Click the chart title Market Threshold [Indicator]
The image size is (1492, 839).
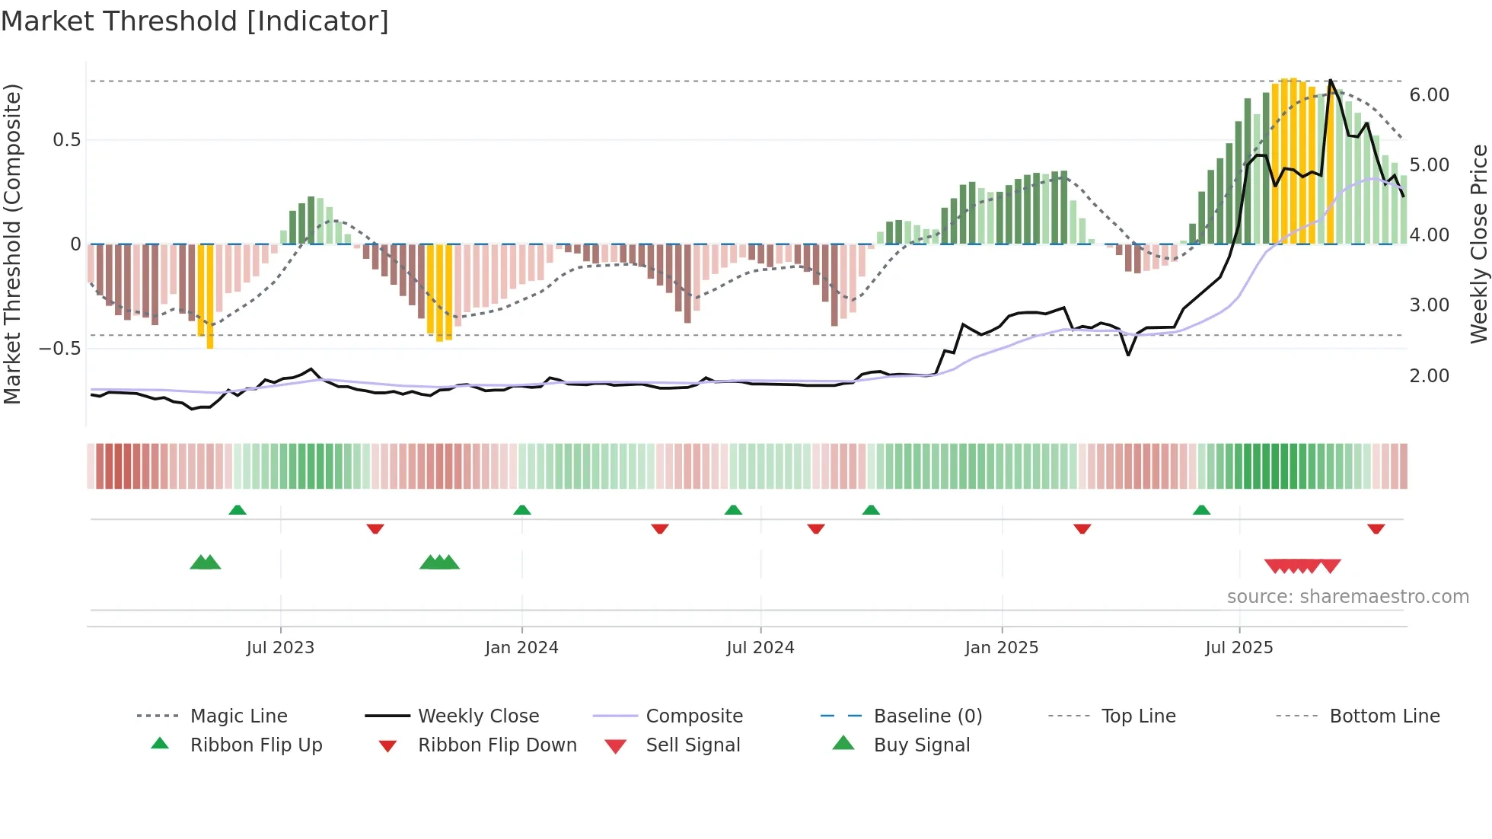click(195, 21)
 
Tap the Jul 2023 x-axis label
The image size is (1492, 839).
click(280, 648)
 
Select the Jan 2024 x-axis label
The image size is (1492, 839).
click(521, 648)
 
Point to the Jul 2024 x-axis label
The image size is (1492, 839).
click(760, 648)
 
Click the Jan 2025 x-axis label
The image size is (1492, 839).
click(1001, 648)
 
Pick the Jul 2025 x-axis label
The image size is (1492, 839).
click(1239, 648)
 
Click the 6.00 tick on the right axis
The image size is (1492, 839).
click(1429, 95)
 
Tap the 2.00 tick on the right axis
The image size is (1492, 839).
click(1429, 376)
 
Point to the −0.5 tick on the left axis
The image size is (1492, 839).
click(59, 349)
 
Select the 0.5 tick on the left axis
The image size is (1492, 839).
click(66, 140)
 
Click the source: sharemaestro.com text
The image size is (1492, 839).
click(1347, 597)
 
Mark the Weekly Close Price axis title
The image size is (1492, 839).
click(1478, 244)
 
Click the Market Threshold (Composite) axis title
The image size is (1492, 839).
click(12, 244)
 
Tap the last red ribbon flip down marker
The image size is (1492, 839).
click(1376, 528)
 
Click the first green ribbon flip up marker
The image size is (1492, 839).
click(238, 510)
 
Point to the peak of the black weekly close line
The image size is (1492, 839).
click(1331, 80)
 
